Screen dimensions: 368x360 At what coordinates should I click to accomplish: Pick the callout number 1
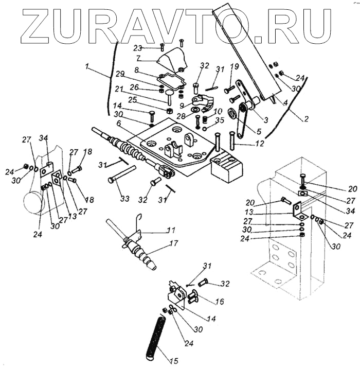point(88,67)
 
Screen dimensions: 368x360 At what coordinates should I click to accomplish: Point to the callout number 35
point(221,121)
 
